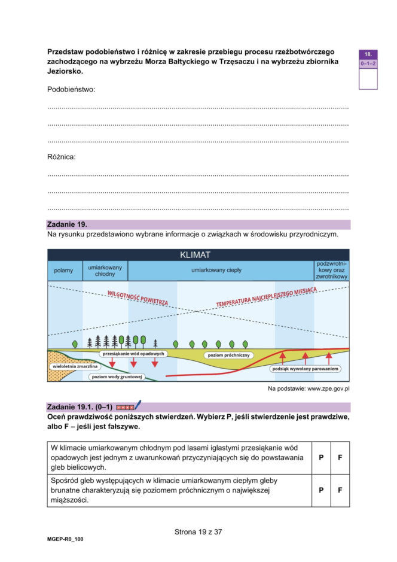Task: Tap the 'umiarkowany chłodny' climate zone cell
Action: coord(105,271)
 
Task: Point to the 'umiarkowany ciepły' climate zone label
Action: coord(216,271)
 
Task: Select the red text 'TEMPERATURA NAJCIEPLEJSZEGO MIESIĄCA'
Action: coord(266,296)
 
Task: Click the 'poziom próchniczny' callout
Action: coord(229,355)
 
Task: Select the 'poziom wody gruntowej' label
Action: coord(117,377)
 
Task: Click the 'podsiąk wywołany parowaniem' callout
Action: coord(305,369)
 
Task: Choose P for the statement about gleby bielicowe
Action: coord(321,457)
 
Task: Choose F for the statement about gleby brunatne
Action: coord(340,490)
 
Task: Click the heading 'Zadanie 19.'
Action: coord(67,224)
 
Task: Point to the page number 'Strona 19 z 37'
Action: coord(198,531)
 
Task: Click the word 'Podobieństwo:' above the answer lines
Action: coord(71,89)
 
